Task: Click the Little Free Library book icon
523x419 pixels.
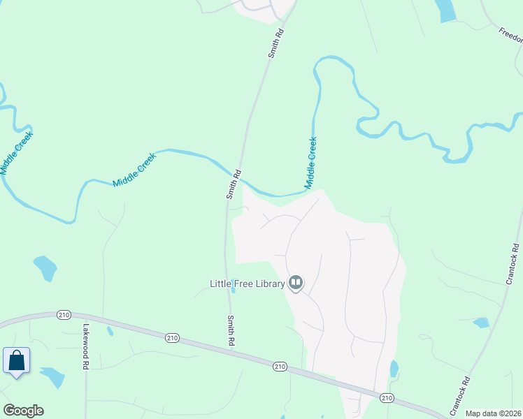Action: pos(296,283)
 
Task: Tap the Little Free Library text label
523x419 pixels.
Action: pos(248,284)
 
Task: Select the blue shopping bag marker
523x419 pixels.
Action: pos(16,361)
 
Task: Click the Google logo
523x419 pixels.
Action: pos(23,411)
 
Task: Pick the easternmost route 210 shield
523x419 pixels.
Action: pos(387,397)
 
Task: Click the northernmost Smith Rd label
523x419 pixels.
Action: pos(278,43)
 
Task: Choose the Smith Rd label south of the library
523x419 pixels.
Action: pos(231,331)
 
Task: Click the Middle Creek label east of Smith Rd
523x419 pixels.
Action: pos(310,163)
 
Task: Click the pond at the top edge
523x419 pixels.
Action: pos(445,10)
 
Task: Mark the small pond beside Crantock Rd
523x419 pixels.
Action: pos(480,323)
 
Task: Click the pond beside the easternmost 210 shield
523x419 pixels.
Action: pos(394,369)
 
